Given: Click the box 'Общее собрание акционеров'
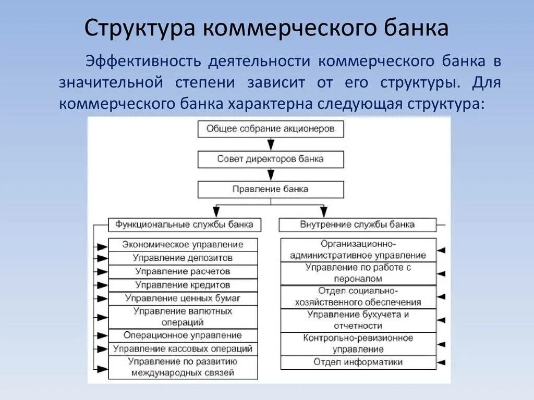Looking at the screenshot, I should tap(270, 129).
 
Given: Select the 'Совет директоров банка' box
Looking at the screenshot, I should tap(270, 159).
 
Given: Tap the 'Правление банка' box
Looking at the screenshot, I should tap(270, 189).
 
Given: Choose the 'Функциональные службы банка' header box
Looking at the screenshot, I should tap(184, 224).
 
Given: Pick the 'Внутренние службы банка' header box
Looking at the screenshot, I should tap(357, 224).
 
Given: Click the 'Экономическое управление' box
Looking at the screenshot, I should tap(183, 244).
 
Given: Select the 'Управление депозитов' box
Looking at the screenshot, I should tap(183, 258).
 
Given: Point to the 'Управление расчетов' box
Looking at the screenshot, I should tap(183, 271).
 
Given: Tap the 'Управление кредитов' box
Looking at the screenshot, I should tap(183, 285).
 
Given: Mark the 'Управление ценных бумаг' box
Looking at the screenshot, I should tap(183, 298).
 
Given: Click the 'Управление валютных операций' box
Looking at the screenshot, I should tap(183, 317).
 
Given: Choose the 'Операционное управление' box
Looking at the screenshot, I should tap(183, 335).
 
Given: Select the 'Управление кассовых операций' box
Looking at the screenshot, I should tap(183, 349).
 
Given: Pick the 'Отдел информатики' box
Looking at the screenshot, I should tap(358, 362).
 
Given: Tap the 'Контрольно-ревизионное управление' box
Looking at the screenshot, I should tap(358, 344).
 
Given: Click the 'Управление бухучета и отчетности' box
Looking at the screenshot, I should tap(358, 320).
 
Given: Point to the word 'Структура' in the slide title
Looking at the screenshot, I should tap(137, 29).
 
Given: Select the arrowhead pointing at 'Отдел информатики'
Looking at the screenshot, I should tap(441, 362).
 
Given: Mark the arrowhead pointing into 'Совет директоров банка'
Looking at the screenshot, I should tap(270, 145).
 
